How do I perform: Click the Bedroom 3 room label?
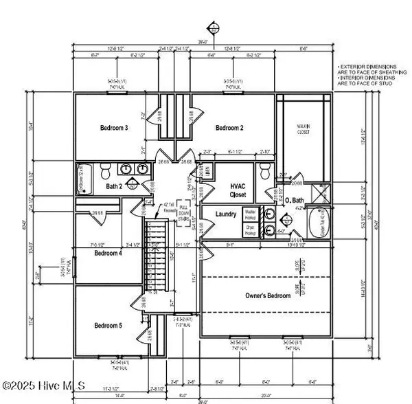(114, 128)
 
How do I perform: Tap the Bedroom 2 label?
(230, 128)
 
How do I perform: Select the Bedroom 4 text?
(107, 254)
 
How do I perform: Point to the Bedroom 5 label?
(107, 325)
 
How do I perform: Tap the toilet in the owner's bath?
(266, 172)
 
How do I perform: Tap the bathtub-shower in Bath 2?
(82, 180)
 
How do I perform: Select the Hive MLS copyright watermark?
(43, 387)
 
